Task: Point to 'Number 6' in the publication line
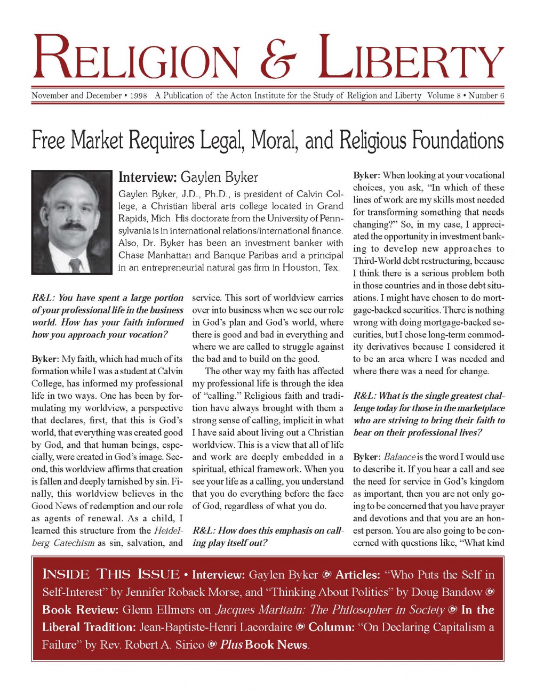point(486,96)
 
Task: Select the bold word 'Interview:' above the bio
point(147,177)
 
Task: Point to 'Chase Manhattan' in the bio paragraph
point(155,255)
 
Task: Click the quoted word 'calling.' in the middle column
point(221,396)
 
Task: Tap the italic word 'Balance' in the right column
point(399,457)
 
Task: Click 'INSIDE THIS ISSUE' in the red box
point(111,575)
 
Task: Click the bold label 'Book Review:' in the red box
point(81,610)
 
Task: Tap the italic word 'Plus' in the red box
point(231,645)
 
